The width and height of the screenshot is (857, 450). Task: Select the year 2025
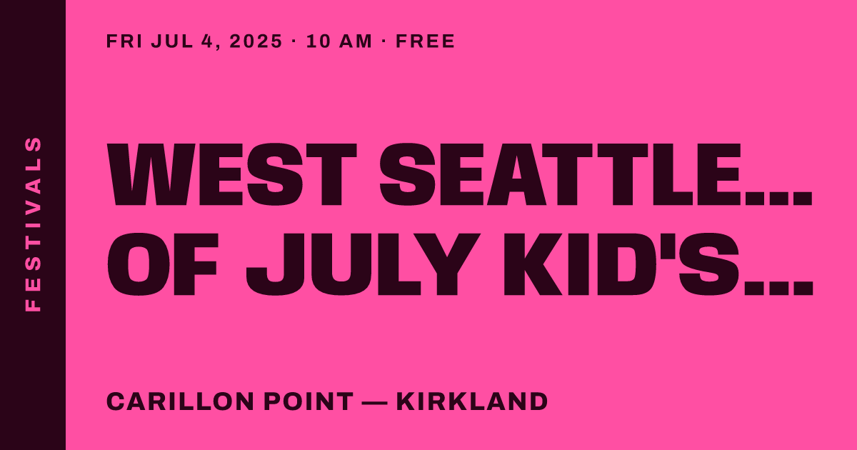256,41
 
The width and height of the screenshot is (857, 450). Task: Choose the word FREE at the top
425,41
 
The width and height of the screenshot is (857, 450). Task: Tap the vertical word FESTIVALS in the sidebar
33,224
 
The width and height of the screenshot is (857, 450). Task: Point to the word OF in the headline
163,264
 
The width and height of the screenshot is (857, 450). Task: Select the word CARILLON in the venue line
180,401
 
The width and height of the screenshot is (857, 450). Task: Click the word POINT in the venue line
309,401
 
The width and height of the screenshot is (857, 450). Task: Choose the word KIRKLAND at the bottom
472,401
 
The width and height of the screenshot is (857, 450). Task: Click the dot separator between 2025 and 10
294,41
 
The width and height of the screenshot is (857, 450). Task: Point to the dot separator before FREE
384,41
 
